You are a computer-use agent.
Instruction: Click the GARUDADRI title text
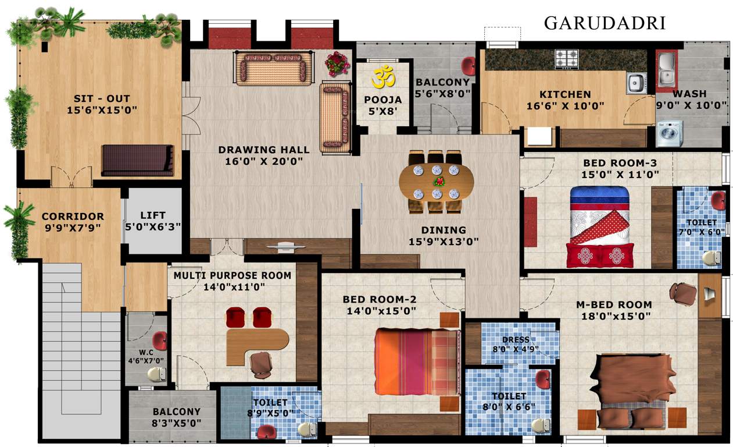pyautogui.click(x=605, y=23)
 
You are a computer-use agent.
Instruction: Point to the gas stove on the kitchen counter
pyautogui.click(x=567, y=58)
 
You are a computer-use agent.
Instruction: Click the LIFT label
pyautogui.click(x=153, y=216)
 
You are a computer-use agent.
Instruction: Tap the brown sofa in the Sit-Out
pyautogui.click(x=137, y=160)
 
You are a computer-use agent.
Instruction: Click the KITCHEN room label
pyautogui.click(x=565, y=94)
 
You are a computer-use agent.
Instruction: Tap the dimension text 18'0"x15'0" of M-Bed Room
pyautogui.click(x=614, y=316)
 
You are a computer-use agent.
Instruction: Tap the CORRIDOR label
pyautogui.click(x=73, y=217)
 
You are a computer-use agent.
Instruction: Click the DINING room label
pyautogui.click(x=444, y=230)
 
